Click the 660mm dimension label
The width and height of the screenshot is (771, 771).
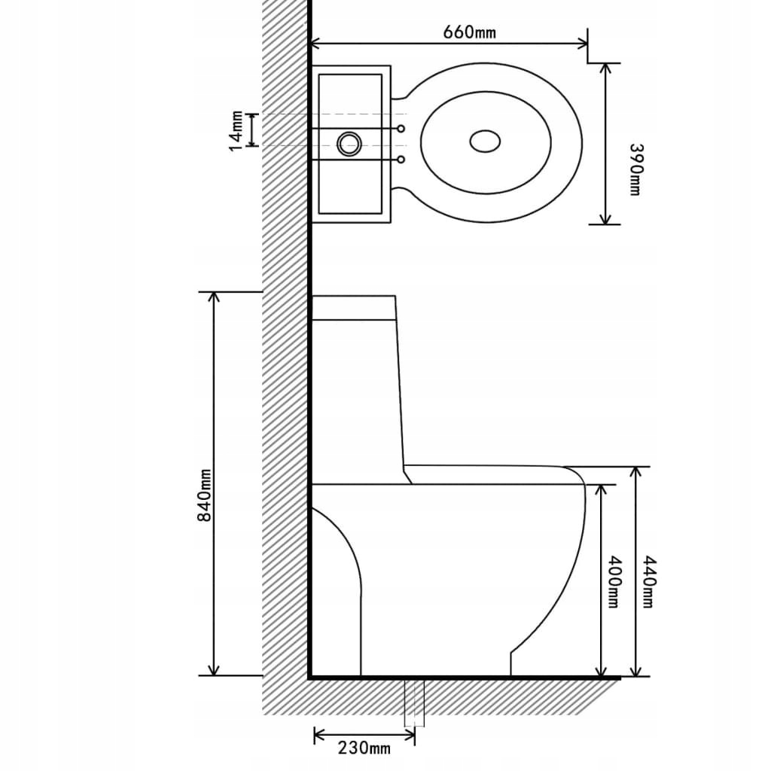[469, 32]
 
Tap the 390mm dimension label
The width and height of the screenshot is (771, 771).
[634, 169]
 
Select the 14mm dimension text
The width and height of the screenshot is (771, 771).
[236, 130]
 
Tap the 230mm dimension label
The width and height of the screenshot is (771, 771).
[364, 747]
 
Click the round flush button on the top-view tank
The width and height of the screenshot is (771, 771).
[349, 143]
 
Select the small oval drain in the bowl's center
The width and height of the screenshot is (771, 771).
[485, 141]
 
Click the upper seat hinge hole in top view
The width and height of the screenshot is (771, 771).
[401, 129]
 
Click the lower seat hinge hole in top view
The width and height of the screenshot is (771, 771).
[401, 160]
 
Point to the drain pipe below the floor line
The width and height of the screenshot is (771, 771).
[414, 702]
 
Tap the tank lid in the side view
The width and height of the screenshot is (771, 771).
[354, 307]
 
